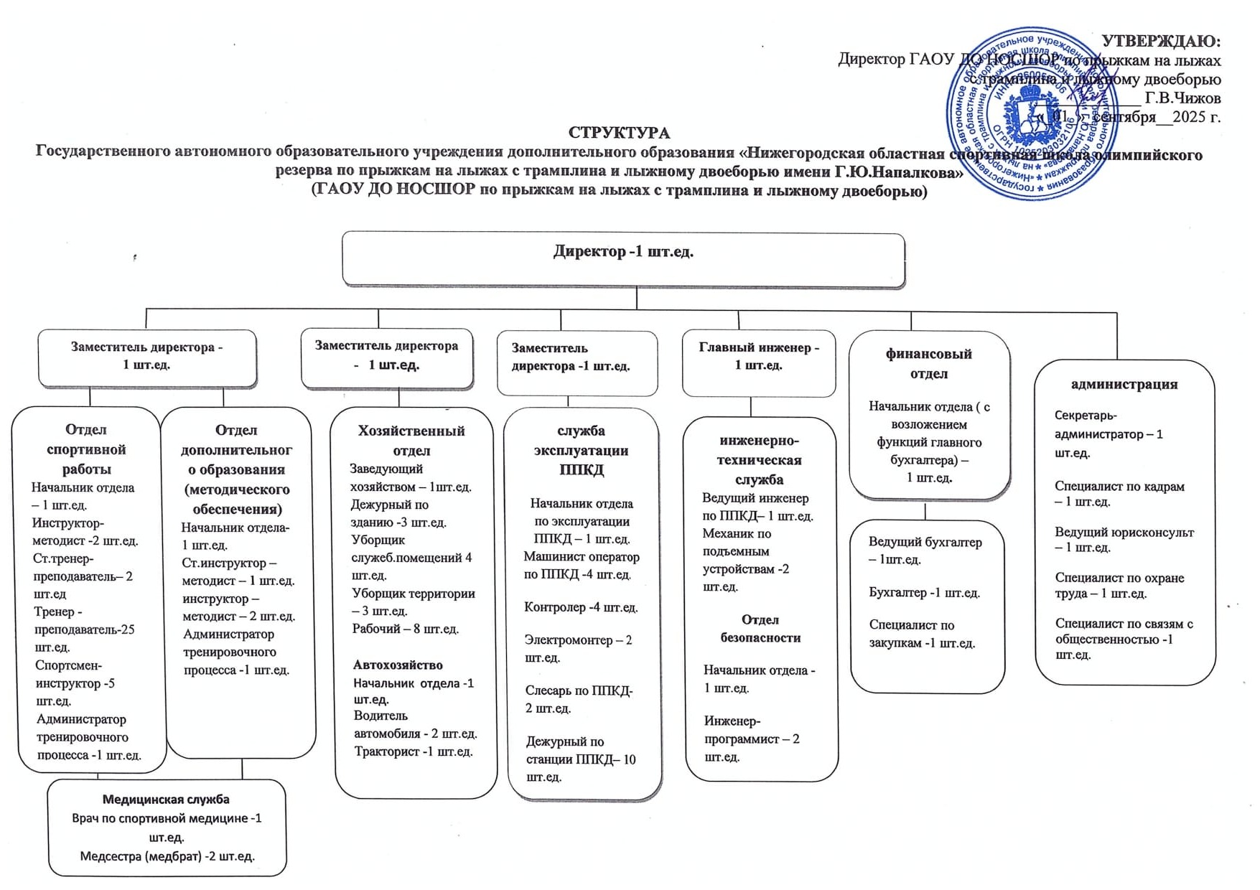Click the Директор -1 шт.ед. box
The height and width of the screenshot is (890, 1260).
[623, 259]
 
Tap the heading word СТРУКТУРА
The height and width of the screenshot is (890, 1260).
[619, 133]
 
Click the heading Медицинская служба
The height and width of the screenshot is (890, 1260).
[166, 799]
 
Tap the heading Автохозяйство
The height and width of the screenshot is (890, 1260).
[398, 665]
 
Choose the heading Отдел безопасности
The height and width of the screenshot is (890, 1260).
[760, 628]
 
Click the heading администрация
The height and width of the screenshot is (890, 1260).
[1124, 384]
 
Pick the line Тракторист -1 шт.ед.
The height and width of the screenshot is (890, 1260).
[413, 751]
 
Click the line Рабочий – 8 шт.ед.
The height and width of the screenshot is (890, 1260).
[405, 629]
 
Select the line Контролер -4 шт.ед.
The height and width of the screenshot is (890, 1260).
[581, 607]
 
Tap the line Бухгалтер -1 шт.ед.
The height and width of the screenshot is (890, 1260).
[924, 593]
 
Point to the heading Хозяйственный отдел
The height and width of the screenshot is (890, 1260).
[411, 440]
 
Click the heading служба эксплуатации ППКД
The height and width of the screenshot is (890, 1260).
[582, 450]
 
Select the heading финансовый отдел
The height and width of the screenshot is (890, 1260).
[929, 363]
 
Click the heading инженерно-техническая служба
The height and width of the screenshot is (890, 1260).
[759, 459]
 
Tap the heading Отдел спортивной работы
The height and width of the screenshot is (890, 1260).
[86, 449]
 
